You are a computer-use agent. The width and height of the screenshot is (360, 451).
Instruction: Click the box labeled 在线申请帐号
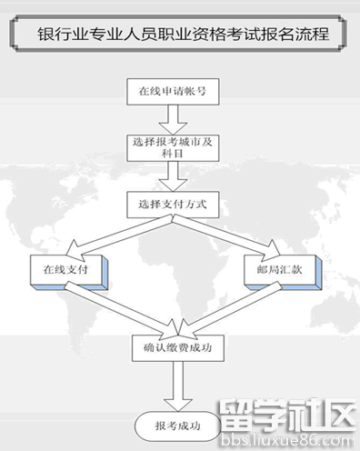pyautogui.click(x=167, y=93)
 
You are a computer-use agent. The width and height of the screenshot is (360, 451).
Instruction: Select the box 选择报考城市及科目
pyautogui.click(x=167, y=149)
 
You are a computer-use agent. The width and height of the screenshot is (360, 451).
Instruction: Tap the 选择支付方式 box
pyautogui.click(x=167, y=204)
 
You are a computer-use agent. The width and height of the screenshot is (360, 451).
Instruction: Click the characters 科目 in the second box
pyautogui.click(x=167, y=155)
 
